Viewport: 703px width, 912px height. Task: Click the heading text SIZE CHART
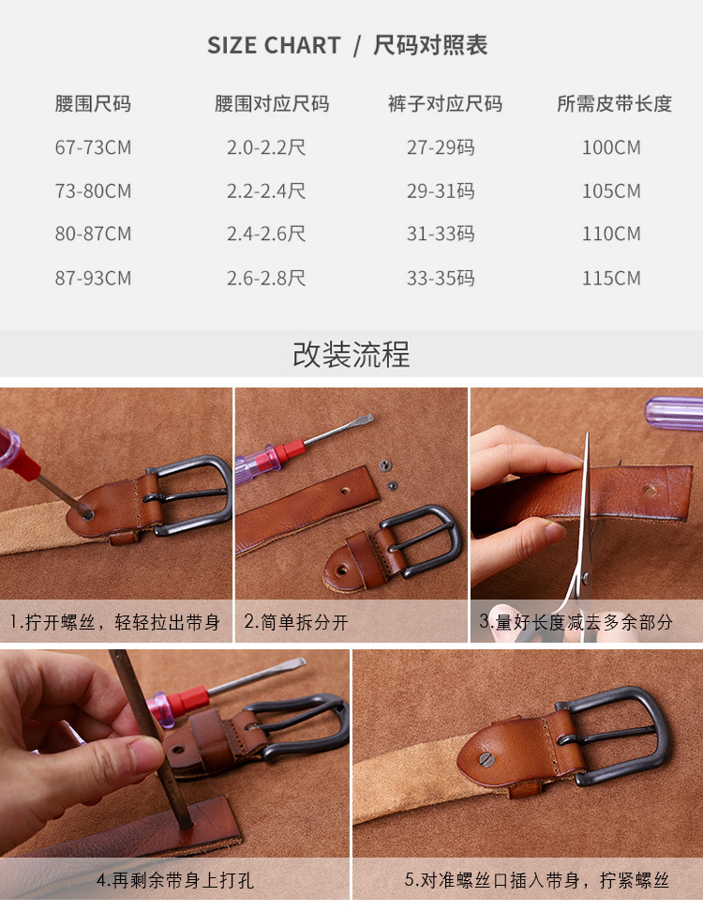pos(274,46)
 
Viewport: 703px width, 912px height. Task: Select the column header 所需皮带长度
pos(614,104)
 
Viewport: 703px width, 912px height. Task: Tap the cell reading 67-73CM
pos(93,148)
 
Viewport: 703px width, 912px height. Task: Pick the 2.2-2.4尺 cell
pos(266,191)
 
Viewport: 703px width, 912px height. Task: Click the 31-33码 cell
pos(441,235)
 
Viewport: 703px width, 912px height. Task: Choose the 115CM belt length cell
pos(611,279)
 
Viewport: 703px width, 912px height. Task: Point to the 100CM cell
pos(611,148)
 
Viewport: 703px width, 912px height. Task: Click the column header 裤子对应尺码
pos(444,104)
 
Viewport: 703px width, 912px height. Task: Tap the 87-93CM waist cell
pos(93,279)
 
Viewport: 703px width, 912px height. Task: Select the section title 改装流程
pos(351,355)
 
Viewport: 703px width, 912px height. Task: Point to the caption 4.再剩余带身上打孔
pos(175,881)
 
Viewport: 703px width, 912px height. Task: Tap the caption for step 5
pos(537,881)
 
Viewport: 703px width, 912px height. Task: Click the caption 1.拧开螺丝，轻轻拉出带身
pos(115,622)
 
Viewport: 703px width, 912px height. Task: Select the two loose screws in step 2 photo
pos(387,475)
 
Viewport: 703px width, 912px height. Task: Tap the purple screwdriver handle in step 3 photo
pos(675,413)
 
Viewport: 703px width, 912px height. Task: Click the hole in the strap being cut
pos(650,491)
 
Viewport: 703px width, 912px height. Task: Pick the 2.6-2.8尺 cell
pos(266,279)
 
